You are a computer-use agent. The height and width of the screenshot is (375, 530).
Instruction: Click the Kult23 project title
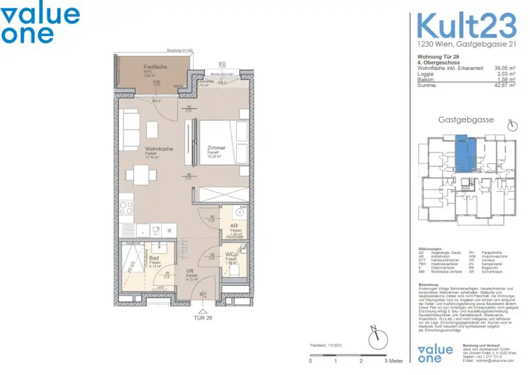coord(466,25)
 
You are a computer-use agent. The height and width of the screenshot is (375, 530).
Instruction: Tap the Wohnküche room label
coord(159,149)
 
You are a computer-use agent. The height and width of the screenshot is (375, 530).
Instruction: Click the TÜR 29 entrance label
coord(202,318)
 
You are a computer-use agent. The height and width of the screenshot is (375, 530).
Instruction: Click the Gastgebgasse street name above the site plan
coord(466,120)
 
